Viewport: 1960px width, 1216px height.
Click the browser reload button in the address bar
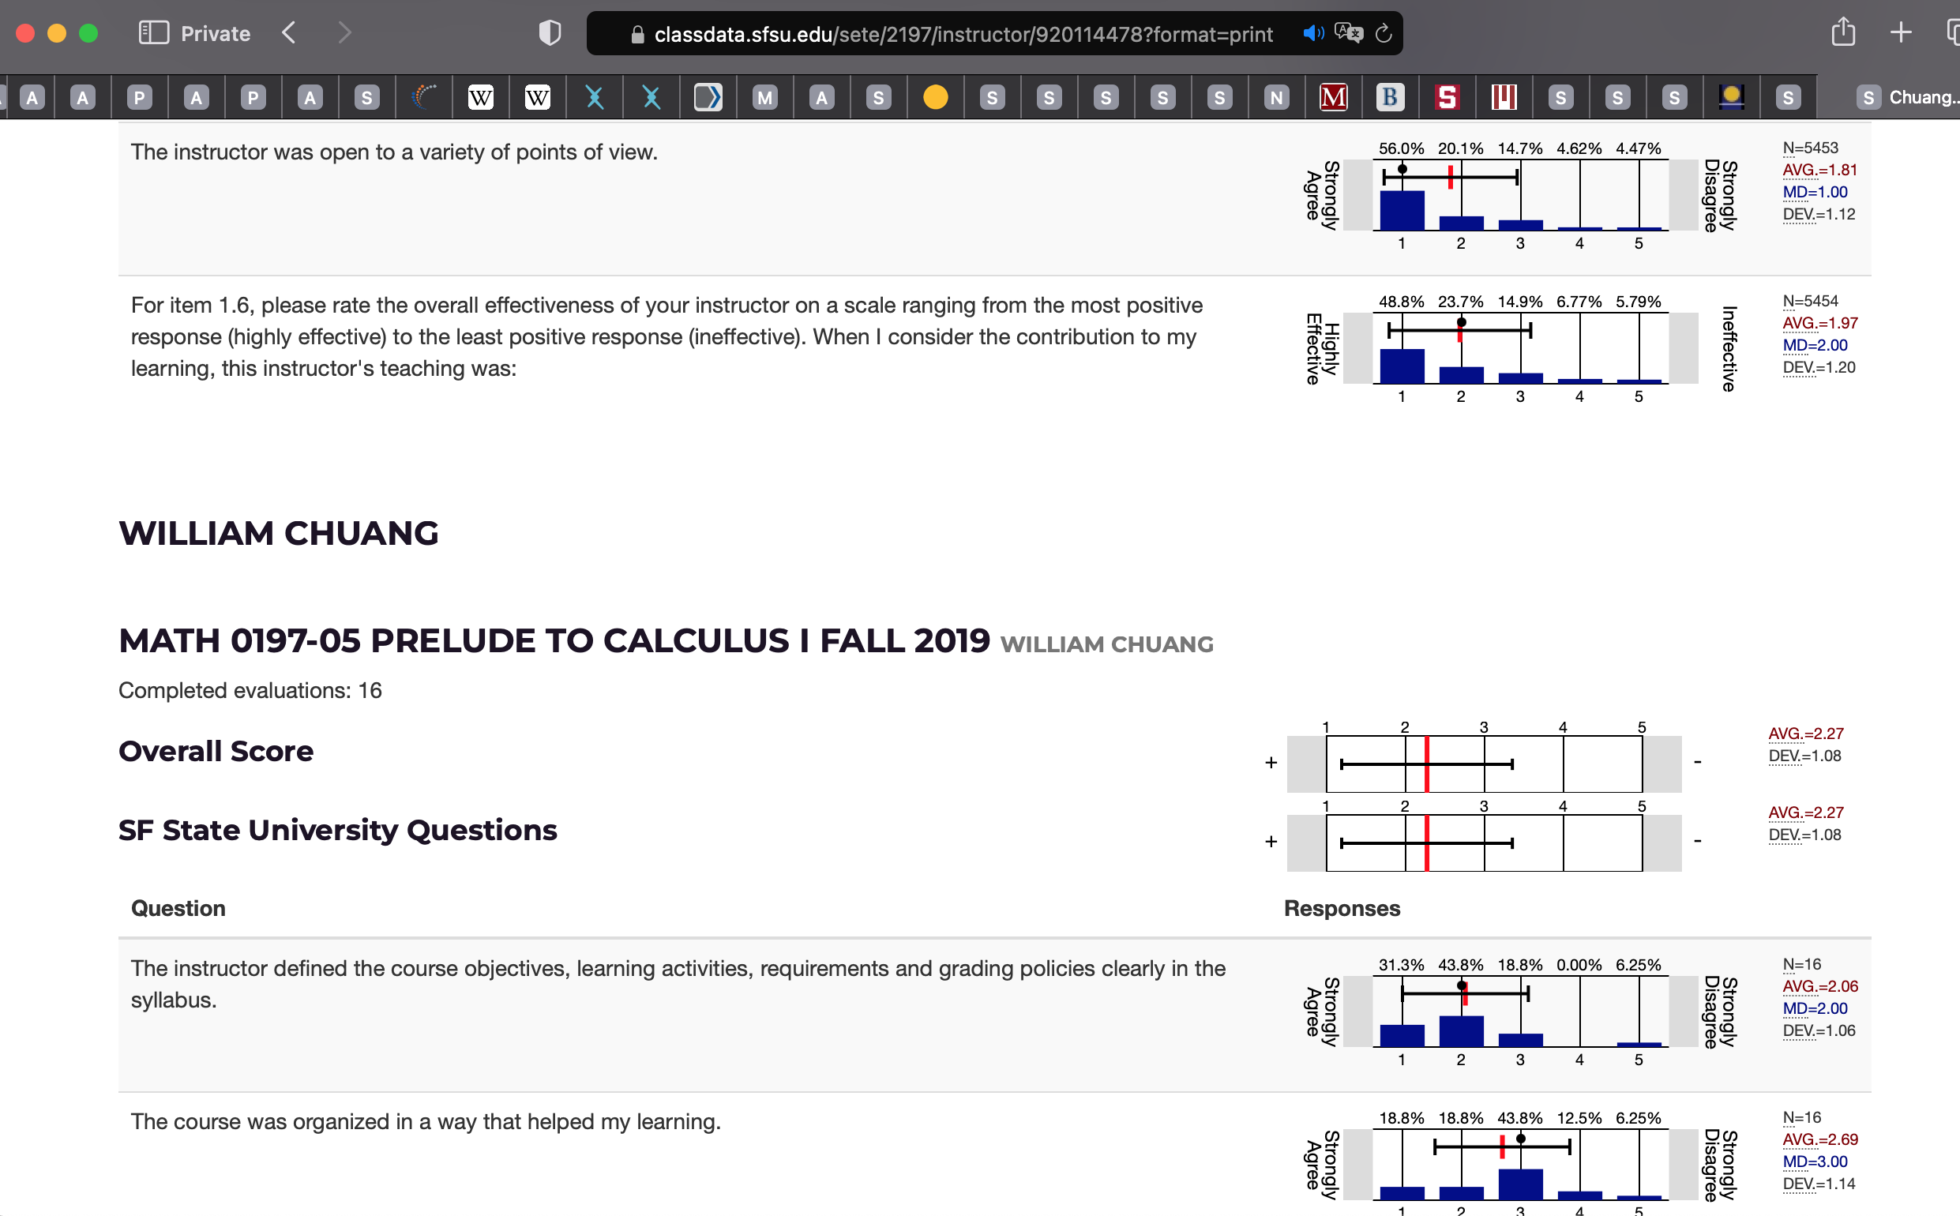click(1384, 34)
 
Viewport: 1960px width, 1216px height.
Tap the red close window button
click(26, 34)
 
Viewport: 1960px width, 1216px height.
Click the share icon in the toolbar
click(1843, 33)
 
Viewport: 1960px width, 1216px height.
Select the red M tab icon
click(1334, 97)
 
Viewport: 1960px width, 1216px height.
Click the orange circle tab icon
click(935, 97)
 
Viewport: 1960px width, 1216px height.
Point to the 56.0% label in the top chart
click(1401, 148)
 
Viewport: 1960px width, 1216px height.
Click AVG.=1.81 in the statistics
click(1819, 170)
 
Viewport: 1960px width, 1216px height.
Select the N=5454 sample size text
click(1811, 301)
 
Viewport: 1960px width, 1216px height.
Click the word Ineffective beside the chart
click(1729, 348)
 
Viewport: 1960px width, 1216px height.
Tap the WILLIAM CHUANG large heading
click(278, 533)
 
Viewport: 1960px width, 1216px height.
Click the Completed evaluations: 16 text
click(250, 690)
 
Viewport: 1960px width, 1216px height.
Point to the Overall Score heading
click(216, 751)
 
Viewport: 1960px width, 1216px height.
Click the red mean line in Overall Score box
click(1427, 764)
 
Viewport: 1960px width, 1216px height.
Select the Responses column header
click(1342, 908)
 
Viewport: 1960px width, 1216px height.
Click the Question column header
click(178, 908)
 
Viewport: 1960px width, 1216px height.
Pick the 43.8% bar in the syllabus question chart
click(1461, 1031)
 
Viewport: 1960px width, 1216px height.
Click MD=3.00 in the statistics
click(1815, 1162)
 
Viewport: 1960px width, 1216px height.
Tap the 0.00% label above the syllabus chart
click(1579, 965)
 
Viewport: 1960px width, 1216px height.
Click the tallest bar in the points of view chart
click(1402, 211)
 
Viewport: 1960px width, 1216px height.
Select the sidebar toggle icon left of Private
click(154, 33)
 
